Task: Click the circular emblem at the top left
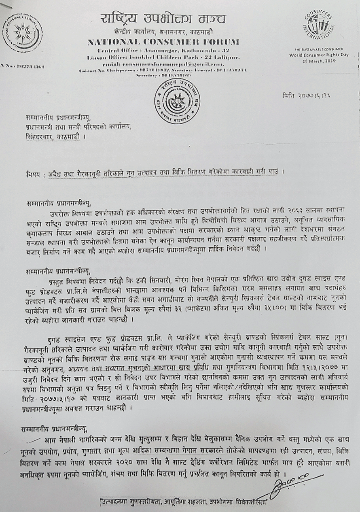coord(23,33)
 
